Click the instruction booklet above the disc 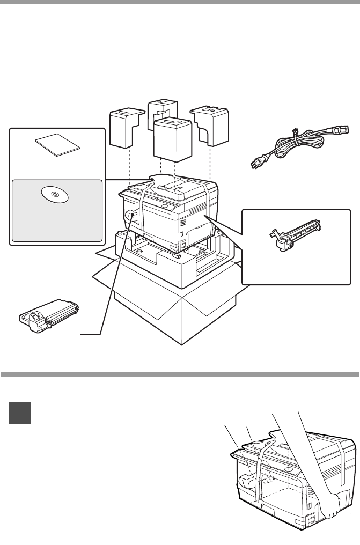[x=57, y=145]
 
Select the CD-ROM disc [x=55, y=194]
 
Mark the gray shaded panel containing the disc [x=56, y=209]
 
